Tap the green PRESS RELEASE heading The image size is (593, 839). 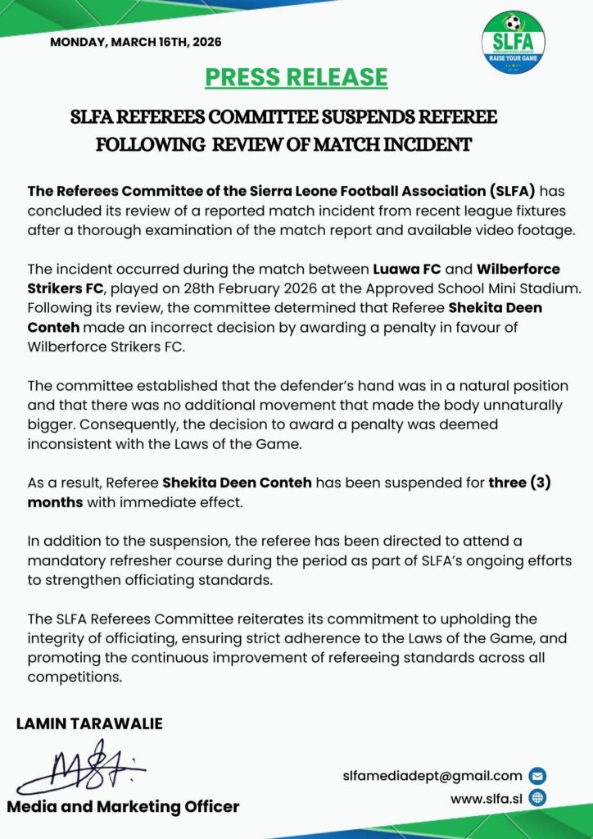coord(296,77)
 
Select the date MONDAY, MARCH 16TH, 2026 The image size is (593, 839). coord(136,42)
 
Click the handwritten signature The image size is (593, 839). coord(82,767)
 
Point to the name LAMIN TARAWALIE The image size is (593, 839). coord(89,723)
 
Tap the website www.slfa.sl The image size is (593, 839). coord(488,797)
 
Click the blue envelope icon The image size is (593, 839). coord(538,776)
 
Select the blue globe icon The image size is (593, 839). coord(538,797)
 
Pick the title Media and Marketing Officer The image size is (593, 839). coord(124,806)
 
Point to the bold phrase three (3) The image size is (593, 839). coord(519,482)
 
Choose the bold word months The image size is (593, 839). coord(55,501)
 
